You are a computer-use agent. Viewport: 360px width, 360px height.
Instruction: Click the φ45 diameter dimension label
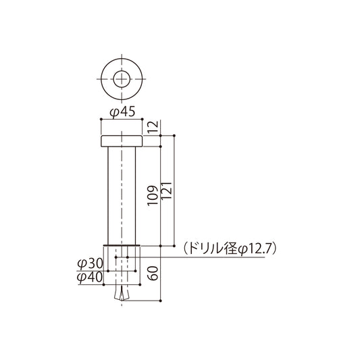click(x=122, y=111)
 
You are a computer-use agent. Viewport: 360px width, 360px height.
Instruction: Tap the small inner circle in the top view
click(x=122, y=78)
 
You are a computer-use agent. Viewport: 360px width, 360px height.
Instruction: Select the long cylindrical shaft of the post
click(x=122, y=196)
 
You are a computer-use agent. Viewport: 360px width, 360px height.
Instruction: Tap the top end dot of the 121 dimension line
click(x=175, y=135)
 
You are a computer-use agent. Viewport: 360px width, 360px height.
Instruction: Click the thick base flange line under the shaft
click(x=122, y=245)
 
